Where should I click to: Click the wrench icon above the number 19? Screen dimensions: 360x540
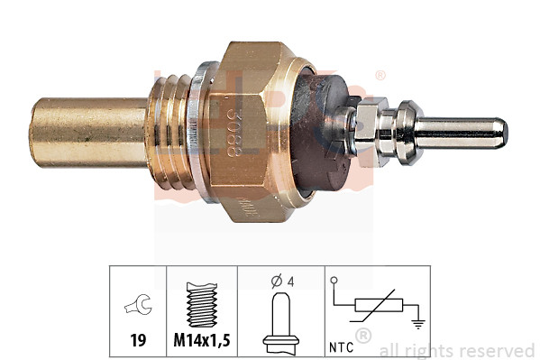138,307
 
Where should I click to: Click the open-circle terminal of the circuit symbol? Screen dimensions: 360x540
334,282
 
